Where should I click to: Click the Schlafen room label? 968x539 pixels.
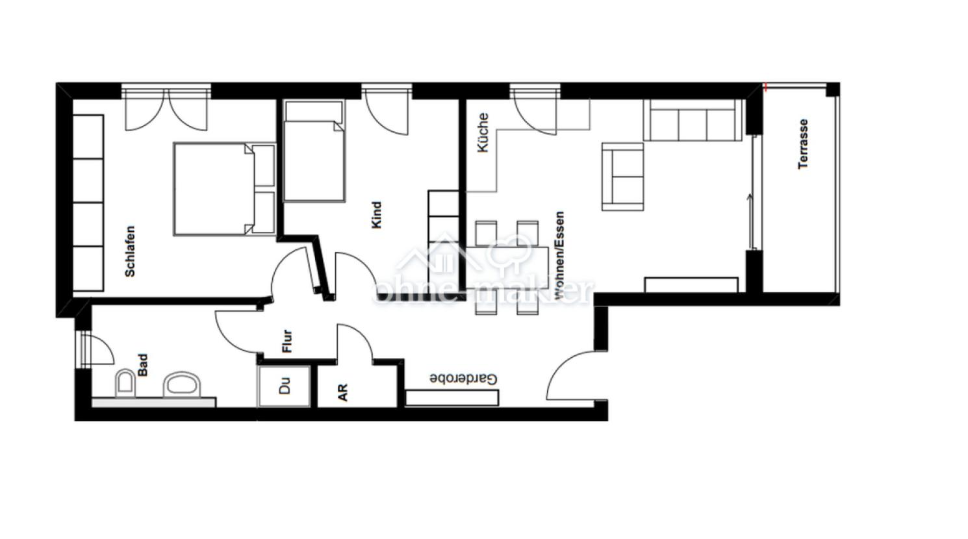(x=130, y=251)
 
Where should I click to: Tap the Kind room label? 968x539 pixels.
(x=377, y=215)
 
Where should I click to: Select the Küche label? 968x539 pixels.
(x=483, y=132)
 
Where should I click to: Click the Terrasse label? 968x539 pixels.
(x=803, y=144)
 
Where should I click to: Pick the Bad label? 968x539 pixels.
(x=143, y=366)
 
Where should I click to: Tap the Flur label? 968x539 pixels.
(x=287, y=342)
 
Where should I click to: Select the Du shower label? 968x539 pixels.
(x=285, y=386)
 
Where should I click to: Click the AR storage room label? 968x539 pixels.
(x=342, y=393)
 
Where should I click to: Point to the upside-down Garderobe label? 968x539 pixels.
(x=463, y=379)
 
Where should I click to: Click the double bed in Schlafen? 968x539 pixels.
(x=224, y=190)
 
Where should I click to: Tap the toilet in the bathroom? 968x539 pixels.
(x=125, y=383)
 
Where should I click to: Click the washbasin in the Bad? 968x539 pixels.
(x=182, y=384)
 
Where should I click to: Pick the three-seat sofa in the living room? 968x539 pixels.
(x=693, y=120)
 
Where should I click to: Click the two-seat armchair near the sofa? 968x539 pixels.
(x=623, y=177)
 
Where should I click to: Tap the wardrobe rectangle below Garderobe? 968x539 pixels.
(x=452, y=398)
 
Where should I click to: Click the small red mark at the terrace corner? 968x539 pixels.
(x=765, y=88)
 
